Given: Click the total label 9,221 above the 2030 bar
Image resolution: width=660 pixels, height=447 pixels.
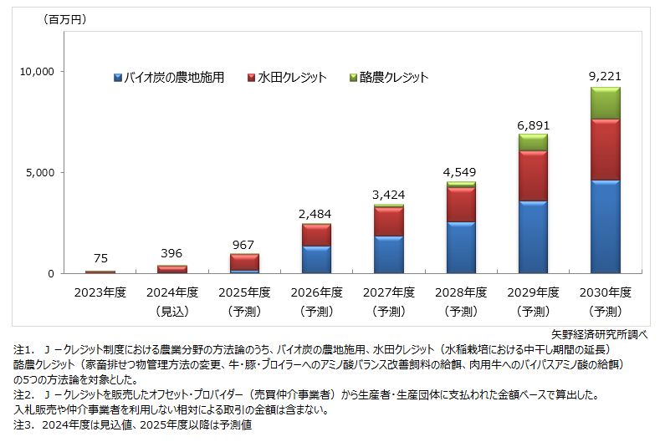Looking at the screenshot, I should click(605, 77).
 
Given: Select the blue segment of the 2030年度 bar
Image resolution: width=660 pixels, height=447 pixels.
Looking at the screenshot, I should click(605, 226).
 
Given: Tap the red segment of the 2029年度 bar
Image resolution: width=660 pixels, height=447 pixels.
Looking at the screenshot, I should click(533, 175).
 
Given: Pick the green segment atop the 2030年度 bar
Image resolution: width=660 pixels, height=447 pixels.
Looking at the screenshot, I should click(605, 103).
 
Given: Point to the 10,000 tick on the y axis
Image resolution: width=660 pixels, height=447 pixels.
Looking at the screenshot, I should click(36, 72).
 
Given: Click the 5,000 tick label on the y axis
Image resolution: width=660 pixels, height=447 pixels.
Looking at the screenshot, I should click(39, 173).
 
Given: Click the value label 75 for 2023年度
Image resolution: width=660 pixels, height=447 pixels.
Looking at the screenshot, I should click(100, 259).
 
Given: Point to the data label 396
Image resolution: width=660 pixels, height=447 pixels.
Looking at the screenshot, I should click(171, 253).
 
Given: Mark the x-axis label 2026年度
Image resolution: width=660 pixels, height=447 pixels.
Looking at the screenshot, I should click(315, 292).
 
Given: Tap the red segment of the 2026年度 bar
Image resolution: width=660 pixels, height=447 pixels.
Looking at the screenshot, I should click(315, 235).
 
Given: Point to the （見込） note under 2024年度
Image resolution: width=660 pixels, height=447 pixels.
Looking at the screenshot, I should click(171, 312).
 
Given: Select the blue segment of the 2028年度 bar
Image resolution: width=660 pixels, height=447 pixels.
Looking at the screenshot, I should click(460, 247).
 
